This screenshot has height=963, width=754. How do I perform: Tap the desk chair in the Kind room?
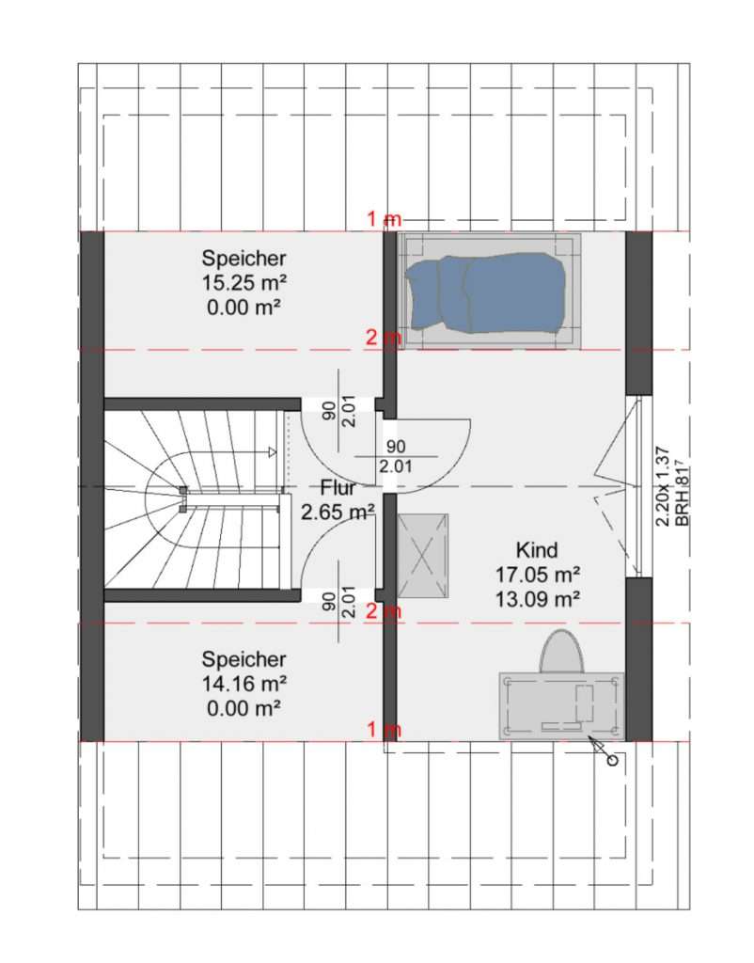(x=561, y=652)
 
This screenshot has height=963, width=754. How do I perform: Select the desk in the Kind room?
(x=561, y=705)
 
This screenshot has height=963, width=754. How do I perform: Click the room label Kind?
(x=537, y=549)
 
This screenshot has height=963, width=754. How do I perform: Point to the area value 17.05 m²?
(x=538, y=575)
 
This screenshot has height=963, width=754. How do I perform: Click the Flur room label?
(x=338, y=488)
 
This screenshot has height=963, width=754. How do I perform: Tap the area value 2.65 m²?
(x=338, y=512)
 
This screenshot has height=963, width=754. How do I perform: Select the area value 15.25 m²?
(x=244, y=282)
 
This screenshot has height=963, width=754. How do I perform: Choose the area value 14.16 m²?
(x=244, y=684)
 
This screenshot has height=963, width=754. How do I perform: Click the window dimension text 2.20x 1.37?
(x=663, y=486)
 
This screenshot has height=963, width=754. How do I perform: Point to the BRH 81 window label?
(x=683, y=496)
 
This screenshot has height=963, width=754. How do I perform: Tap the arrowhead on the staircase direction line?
(x=273, y=452)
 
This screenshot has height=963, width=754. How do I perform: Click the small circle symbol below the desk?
(x=612, y=761)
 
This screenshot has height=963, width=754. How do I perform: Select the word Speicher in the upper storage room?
(x=244, y=258)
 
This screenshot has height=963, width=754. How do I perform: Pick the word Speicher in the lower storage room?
(x=244, y=659)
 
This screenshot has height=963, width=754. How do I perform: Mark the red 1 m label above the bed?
(x=384, y=218)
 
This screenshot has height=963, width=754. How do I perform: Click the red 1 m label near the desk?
(x=384, y=729)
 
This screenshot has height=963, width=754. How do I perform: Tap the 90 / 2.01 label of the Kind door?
(x=396, y=456)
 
